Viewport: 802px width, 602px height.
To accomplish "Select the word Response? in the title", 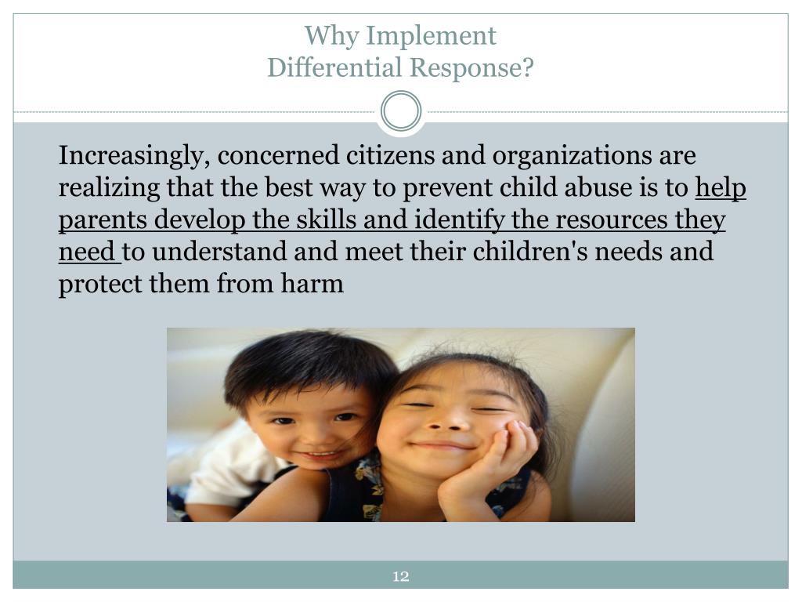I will [x=468, y=68].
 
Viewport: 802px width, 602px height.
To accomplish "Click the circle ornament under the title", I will [x=401, y=111].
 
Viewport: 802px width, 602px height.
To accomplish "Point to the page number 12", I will [x=401, y=578].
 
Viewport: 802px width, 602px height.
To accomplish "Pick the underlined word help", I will [x=721, y=188].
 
